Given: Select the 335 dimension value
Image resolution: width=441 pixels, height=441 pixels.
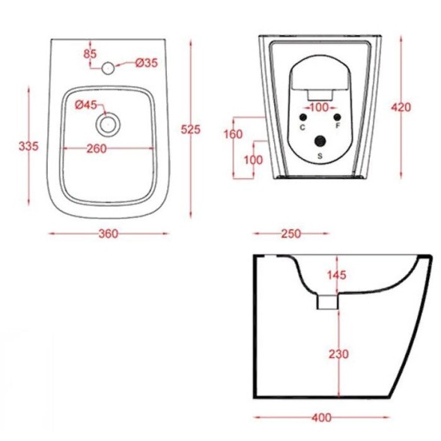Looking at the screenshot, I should [x=28, y=145].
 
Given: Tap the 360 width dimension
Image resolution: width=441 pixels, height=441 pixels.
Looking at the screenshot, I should [x=109, y=234].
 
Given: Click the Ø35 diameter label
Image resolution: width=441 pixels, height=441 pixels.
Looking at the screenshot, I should [x=147, y=63].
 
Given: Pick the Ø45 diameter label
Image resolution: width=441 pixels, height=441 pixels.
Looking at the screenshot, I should [x=85, y=106].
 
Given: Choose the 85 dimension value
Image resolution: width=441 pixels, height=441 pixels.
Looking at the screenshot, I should [x=91, y=53].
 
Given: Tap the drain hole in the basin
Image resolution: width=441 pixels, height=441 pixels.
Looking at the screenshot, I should [x=110, y=123].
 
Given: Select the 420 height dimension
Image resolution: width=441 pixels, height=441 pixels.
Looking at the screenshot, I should [x=401, y=107].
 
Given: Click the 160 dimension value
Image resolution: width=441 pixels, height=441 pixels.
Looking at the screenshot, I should [x=234, y=135].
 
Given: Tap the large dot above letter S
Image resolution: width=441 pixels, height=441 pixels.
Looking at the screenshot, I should [x=320, y=141].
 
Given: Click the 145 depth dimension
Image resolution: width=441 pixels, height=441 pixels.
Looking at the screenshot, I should [x=337, y=276].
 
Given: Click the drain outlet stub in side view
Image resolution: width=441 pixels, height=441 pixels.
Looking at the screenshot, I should [x=327, y=302].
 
